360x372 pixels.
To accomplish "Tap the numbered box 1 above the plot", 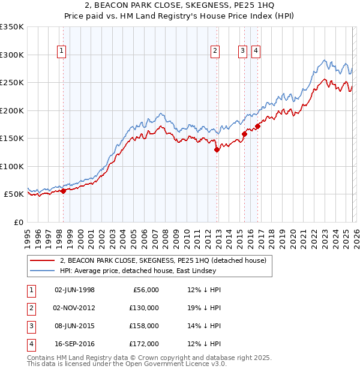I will [x=62, y=52].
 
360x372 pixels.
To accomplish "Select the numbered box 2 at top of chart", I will [x=215, y=52].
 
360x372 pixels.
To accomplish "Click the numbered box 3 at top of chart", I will [x=242, y=52].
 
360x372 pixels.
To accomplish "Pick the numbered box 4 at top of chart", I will [x=256, y=52].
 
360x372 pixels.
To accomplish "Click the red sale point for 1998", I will [x=63, y=191].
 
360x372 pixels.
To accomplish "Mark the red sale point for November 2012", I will [x=217, y=150].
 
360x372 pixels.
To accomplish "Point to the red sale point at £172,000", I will [x=258, y=126].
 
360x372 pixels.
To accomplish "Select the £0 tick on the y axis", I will [x=18, y=222].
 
